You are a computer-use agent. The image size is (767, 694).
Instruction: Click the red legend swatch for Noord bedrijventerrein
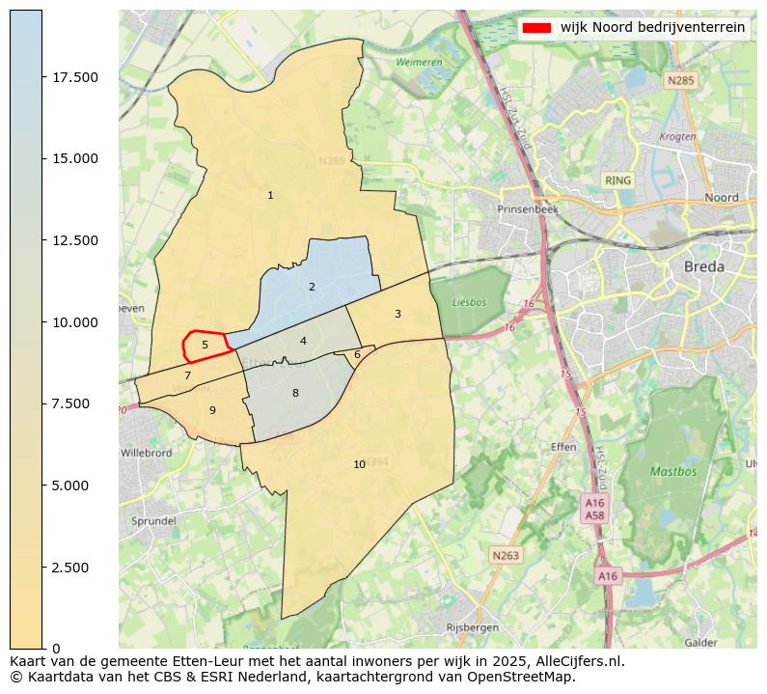pyautogui.click(x=535, y=28)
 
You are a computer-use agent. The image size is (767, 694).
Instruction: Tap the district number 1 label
pyautogui.click(x=270, y=196)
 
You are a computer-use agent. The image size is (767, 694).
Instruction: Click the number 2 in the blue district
pyautogui.click(x=312, y=287)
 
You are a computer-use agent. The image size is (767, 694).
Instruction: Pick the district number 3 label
pyautogui.click(x=397, y=314)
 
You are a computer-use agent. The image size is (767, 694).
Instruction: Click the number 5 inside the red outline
pyautogui.click(x=205, y=345)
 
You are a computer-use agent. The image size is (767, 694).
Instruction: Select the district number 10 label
pyautogui.click(x=359, y=464)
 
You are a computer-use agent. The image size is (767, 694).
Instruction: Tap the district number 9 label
pyautogui.click(x=212, y=410)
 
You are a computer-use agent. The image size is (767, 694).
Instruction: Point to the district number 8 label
pyautogui.click(x=295, y=393)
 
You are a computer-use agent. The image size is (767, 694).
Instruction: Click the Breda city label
pyautogui.click(x=703, y=266)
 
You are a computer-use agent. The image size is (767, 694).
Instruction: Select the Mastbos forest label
pyautogui.click(x=672, y=472)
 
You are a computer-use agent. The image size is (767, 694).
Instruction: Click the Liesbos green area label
pyautogui.click(x=469, y=302)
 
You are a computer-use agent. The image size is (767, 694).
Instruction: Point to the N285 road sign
pyautogui.click(x=679, y=81)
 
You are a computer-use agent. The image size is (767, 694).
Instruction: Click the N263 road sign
pyautogui.click(x=505, y=555)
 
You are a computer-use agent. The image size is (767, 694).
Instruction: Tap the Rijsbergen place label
pyautogui.click(x=473, y=627)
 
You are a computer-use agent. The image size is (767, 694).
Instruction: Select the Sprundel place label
pyautogui.click(x=153, y=520)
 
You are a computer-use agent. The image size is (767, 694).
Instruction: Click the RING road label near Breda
pyautogui.click(x=617, y=180)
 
